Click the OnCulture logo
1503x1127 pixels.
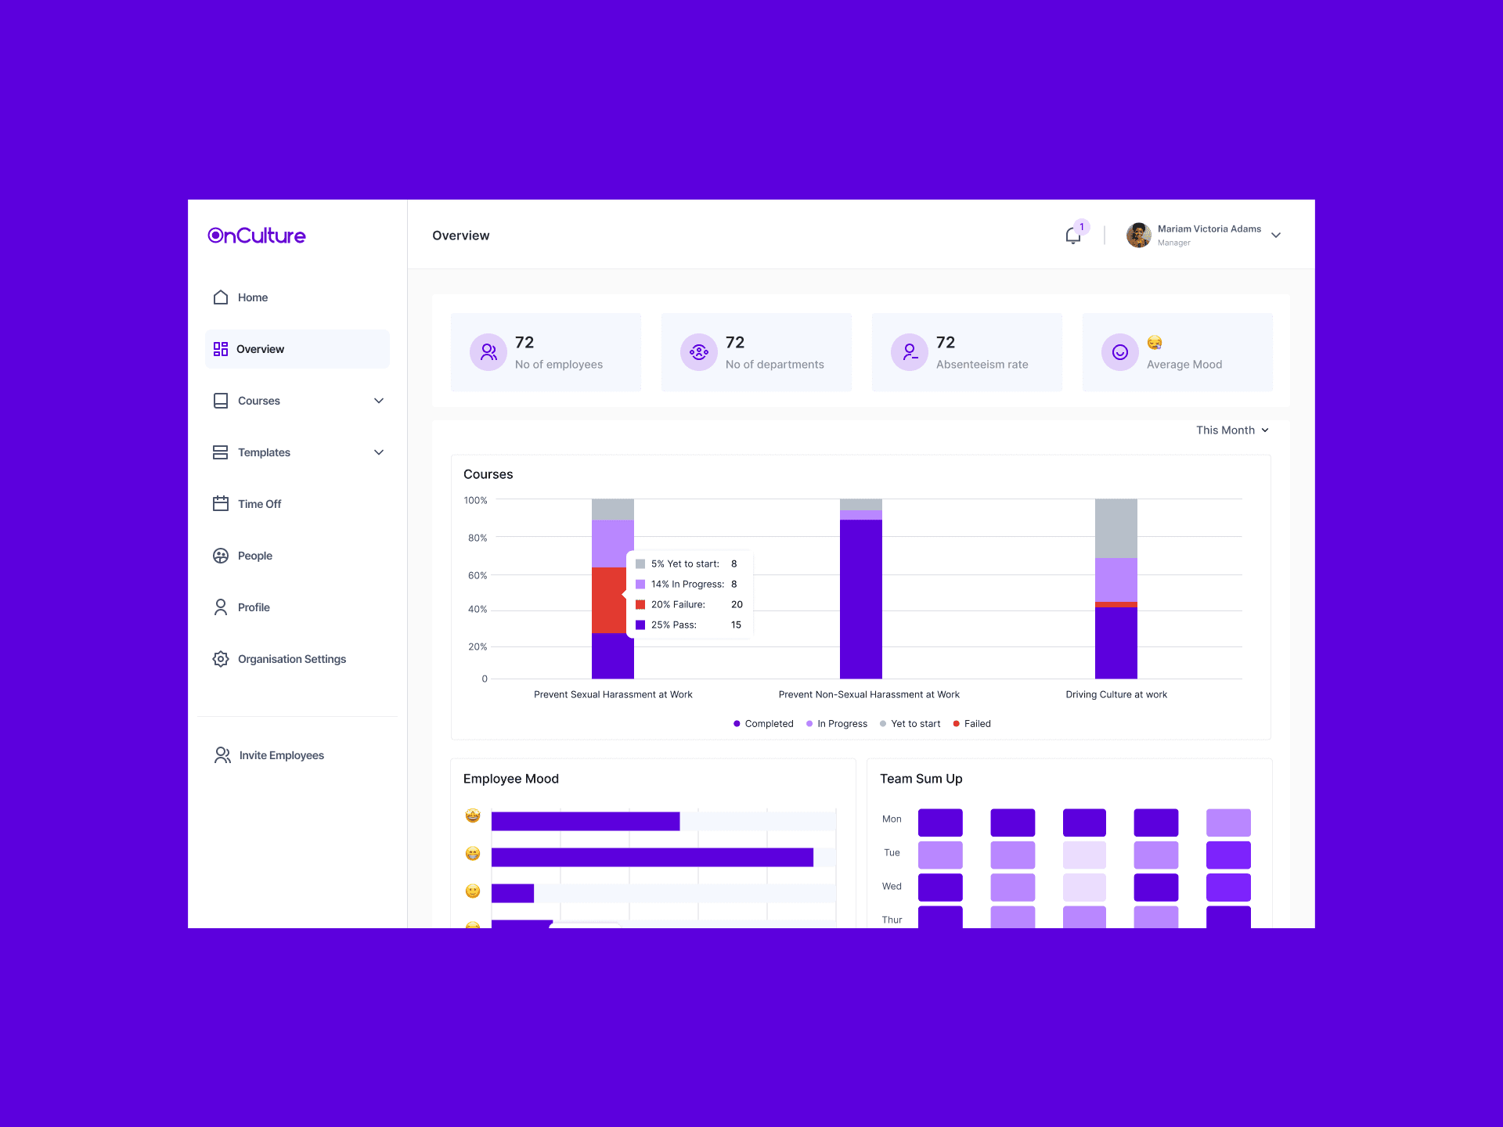257,236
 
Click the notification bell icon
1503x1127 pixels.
1073,235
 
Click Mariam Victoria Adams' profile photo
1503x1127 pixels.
1138,235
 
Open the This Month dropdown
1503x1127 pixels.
1232,430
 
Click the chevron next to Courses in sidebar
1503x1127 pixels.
379,401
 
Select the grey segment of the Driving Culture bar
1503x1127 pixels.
1116,528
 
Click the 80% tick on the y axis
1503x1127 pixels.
478,538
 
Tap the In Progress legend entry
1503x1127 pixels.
837,724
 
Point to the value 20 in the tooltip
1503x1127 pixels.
737,604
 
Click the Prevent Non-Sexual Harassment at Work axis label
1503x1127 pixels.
869,695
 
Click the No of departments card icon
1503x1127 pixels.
699,352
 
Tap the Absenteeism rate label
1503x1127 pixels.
982,365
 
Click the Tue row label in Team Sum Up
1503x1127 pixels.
892,853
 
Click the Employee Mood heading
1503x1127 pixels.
511,779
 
